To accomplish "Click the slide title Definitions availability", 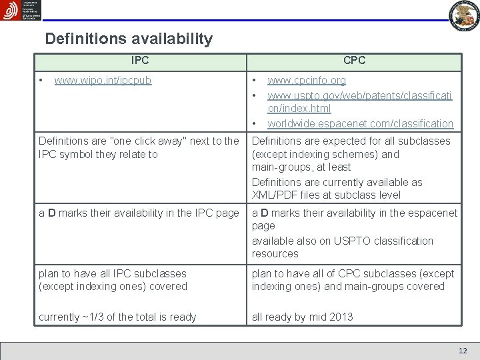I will [129, 39].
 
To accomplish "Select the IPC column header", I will [140, 61].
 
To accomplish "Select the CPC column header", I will [354, 61].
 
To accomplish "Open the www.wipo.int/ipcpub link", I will [103, 81].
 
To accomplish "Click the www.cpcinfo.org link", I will [307, 81].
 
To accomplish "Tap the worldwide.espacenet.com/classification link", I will [360, 123].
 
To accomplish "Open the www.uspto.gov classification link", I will [359, 101].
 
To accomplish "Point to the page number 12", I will [463, 351].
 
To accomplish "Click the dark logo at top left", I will [21, 10].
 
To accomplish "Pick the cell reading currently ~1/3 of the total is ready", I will [117, 317].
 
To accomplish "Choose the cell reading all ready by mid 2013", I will [302, 317].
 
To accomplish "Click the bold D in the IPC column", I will [51, 213].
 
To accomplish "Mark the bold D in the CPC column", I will [265, 213].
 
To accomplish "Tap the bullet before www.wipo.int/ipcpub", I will [42, 81].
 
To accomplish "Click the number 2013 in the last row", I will [341, 317].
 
